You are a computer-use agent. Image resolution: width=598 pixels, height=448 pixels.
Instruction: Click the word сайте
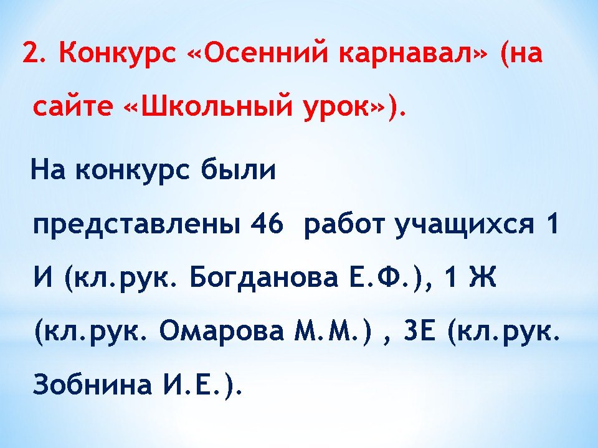pos(73,106)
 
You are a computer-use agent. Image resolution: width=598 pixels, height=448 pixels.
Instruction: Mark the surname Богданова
pos(264,278)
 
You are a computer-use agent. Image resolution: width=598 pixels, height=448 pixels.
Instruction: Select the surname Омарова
pos(222,330)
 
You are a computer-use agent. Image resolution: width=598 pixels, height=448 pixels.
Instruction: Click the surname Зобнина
pos(93,384)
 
